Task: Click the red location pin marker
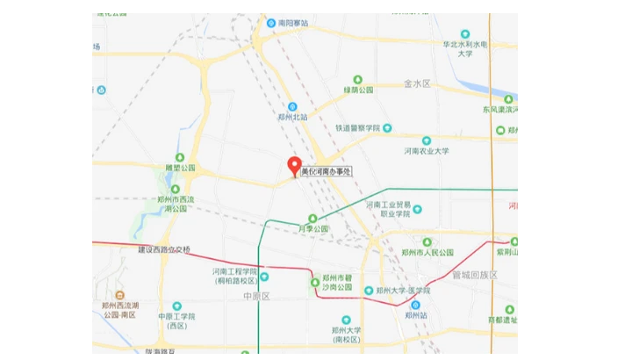click(295, 166)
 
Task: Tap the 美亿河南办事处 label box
click(326, 172)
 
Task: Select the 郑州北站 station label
click(292, 116)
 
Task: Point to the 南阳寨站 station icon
click(271, 23)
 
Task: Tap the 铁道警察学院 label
click(357, 127)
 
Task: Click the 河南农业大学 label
click(427, 151)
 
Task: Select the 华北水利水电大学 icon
click(465, 34)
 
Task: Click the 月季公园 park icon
click(312, 218)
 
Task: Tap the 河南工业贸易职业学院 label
click(389, 208)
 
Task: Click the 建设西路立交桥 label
click(164, 249)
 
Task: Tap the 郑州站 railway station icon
click(415, 304)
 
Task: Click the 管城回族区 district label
click(475, 275)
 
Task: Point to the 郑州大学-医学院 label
click(404, 291)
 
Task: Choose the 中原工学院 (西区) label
click(176, 320)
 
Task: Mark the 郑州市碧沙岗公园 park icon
click(315, 282)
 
